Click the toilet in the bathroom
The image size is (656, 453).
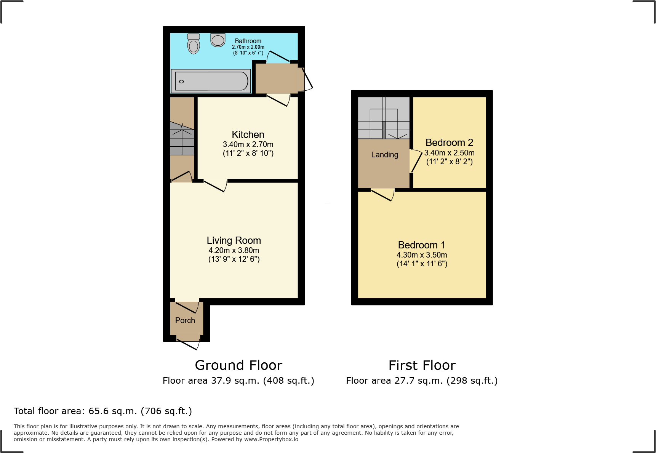coord(194,44)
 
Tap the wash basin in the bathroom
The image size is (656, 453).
coord(218,40)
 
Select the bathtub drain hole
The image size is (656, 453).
coord(181,82)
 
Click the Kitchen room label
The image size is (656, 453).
coord(248,134)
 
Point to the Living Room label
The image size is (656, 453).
coord(234,240)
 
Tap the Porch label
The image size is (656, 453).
coord(185,320)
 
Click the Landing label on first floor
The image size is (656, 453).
coord(384,155)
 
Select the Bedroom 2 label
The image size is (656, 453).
coord(449,142)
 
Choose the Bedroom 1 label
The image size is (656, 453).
coord(421,245)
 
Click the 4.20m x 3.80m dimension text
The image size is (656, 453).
coord(234,250)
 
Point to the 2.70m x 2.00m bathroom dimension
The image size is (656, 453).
coord(248,47)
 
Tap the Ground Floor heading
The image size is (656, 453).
coord(238,365)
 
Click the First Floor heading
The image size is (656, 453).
coord(422,365)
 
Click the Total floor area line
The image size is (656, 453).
coord(103,411)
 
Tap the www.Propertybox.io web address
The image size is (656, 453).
coord(271,439)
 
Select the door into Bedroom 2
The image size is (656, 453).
coord(415,162)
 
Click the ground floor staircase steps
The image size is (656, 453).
coord(182,141)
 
